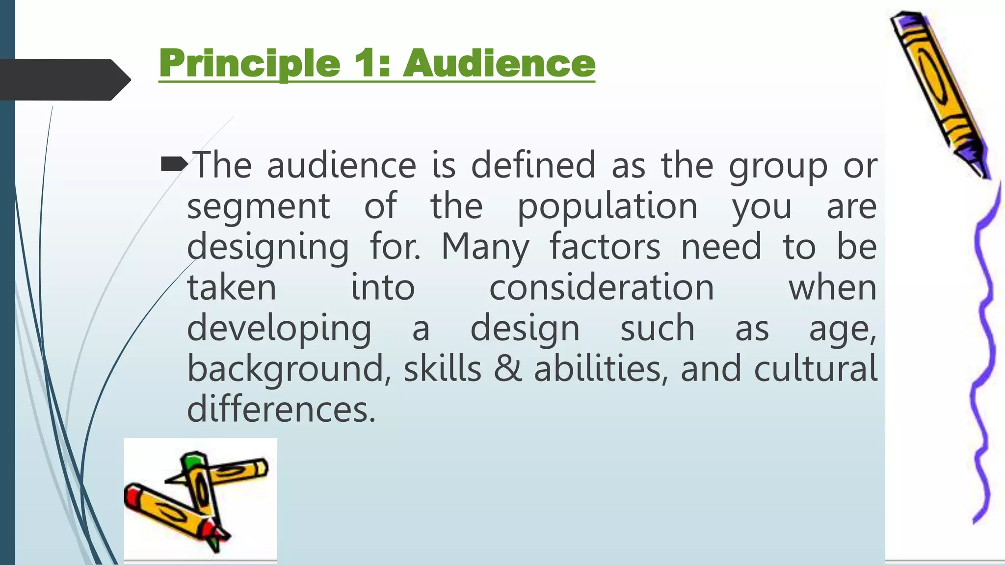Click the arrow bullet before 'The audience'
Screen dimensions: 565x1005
pyautogui.click(x=173, y=164)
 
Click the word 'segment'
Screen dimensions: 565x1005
pyautogui.click(x=259, y=206)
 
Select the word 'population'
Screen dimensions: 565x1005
pyautogui.click(x=608, y=206)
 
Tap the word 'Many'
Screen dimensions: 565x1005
pyautogui.click(x=485, y=247)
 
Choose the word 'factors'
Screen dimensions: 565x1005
pyautogui.click(x=605, y=247)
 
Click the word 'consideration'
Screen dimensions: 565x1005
pyautogui.click(x=602, y=287)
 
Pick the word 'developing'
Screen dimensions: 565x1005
pyautogui.click(x=279, y=329)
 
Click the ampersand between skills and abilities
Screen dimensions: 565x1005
pyautogui.click(x=508, y=369)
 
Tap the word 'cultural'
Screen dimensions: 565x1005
pyautogui.click(x=815, y=369)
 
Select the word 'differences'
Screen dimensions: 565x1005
pyautogui.click(x=281, y=409)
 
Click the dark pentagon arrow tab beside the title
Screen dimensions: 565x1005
pyautogui.click(x=64, y=79)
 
